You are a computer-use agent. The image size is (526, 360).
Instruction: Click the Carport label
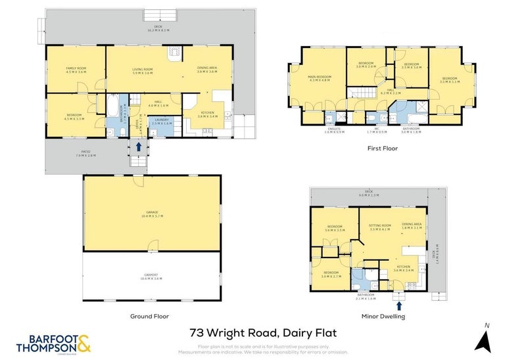151,277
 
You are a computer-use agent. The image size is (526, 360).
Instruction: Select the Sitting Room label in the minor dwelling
380,227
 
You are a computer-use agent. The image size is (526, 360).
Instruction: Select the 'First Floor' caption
382,148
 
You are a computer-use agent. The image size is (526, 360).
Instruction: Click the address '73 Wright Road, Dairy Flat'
263,333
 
